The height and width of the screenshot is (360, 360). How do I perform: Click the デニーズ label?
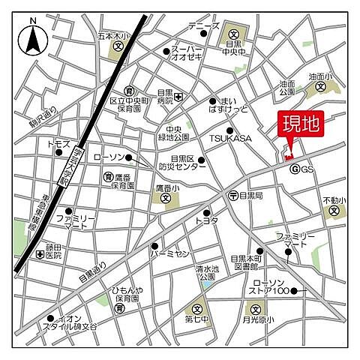point(204,27)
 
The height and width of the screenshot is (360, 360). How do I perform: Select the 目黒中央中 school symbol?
point(234,33)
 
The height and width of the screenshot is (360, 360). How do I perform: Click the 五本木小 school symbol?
point(118,46)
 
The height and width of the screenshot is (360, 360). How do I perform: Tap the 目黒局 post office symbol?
point(233,195)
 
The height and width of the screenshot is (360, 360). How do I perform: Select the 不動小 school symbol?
point(334,211)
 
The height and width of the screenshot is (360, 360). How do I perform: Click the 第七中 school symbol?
point(197,308)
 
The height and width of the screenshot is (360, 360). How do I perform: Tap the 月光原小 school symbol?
point(255,308)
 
